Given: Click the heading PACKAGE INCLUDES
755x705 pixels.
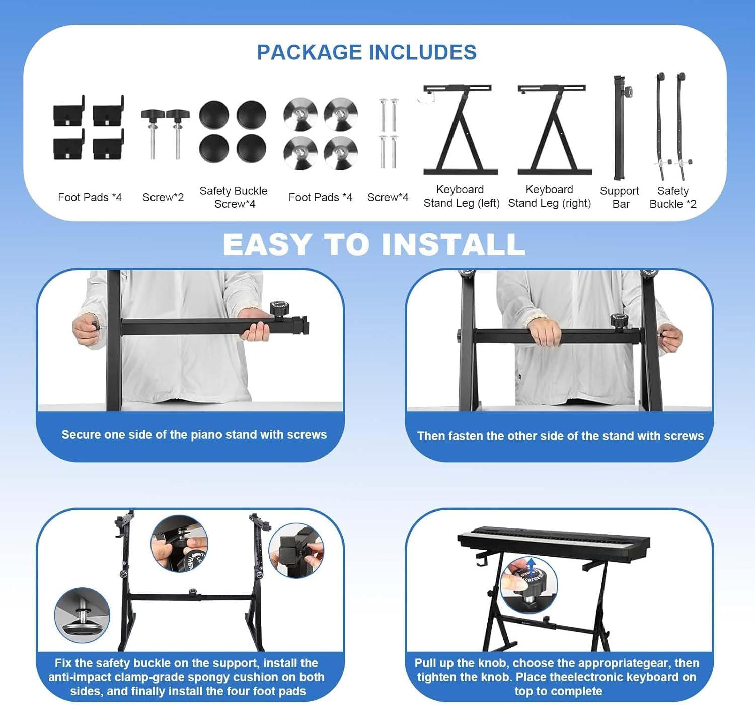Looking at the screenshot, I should tap(366, 52).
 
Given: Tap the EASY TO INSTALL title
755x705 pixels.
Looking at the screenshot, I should tap(374, 245).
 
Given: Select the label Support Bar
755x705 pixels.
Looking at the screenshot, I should tap(620, 197).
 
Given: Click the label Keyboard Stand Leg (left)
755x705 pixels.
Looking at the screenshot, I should tap(461, 196).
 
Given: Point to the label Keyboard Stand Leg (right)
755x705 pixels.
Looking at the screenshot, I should tap(549, 196).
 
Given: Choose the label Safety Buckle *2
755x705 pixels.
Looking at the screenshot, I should tap(672, 197).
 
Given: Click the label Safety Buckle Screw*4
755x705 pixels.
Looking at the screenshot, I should tap(234, 197).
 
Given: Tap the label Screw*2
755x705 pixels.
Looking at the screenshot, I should tap(163, 197).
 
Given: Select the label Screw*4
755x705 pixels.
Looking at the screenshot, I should tap(388, 197).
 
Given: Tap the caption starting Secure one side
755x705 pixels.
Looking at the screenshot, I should tap(194, 434).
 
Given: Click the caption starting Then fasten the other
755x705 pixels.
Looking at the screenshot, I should tap(560, 436).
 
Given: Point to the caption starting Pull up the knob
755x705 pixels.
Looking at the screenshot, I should tap(557, 677).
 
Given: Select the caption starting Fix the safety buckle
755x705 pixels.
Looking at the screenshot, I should tap(187, 677).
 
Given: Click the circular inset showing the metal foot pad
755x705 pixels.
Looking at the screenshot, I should tap(82, 615).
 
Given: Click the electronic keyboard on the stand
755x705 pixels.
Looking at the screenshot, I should tap(554, 542).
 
